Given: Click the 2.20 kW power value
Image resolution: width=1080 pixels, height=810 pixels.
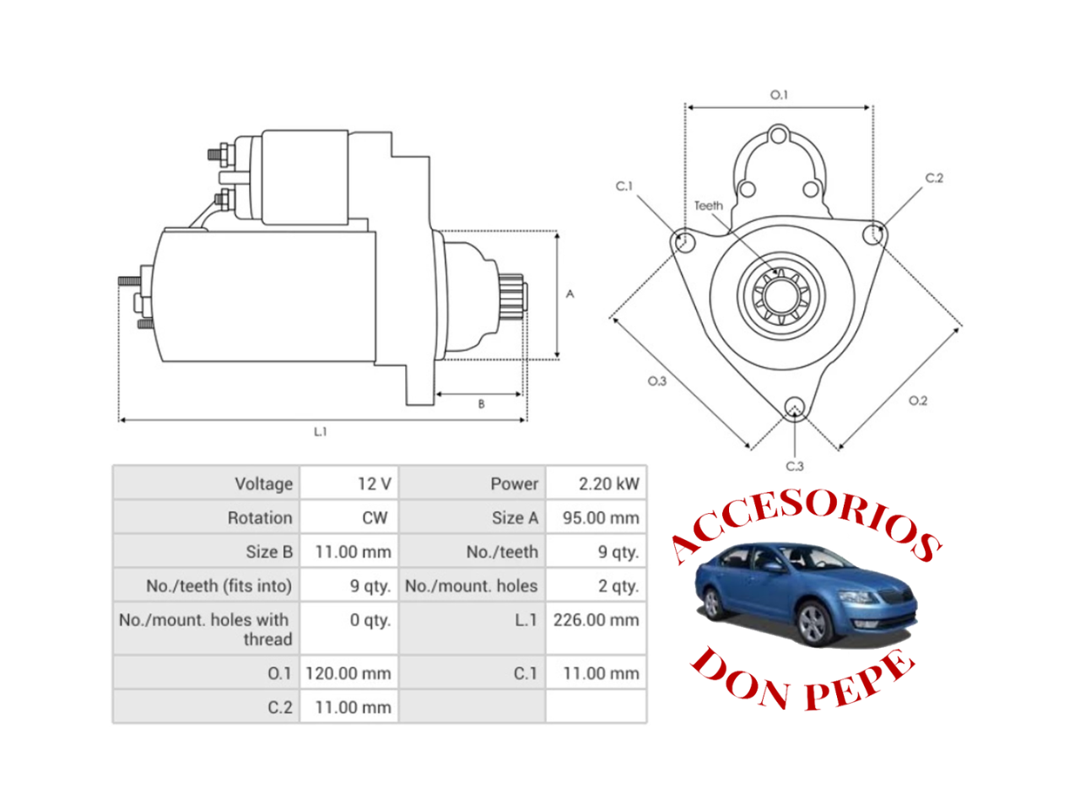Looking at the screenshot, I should (x=607, y=483).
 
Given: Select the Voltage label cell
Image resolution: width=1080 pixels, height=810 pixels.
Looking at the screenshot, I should (x=263, y=483).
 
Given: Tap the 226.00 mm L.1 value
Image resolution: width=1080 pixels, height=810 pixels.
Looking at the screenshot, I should (x=596, y=620).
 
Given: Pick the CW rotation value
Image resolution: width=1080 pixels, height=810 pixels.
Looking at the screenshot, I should (x=375, y=517).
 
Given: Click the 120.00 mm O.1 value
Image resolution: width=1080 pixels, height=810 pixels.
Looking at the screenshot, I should (x=348, y=673).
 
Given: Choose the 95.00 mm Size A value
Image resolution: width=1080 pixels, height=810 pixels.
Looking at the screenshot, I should (x=601, y=517).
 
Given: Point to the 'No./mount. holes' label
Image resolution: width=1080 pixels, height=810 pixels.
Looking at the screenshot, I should (x=471, y=586).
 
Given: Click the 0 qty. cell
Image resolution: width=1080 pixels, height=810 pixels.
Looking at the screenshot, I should (x=370, y=620).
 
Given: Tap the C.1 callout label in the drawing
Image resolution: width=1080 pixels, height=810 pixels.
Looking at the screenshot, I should (x=624, y=186).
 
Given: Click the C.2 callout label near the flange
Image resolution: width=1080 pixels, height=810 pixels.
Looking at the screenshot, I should (x=934, y=178).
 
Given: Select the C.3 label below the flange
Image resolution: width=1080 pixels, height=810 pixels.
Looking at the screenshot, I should (x=795, y=466).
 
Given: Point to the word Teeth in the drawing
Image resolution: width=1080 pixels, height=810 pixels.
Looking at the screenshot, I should (x=708, y=205).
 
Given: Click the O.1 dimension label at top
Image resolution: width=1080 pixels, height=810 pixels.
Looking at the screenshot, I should (x=779, y=94).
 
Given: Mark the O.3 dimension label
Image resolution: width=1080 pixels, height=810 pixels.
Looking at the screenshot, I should (x=656, y=381).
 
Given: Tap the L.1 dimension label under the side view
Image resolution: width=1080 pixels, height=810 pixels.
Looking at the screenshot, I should (x=320, y=431).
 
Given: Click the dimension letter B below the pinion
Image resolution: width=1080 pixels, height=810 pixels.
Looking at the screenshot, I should (x=481, y=404).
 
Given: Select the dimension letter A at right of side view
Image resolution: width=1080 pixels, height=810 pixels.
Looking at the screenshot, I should (x=570, y=294).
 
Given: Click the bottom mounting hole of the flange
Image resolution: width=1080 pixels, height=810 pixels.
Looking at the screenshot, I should (x=794, y=409).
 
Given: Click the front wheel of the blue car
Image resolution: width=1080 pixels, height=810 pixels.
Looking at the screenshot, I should (x=813, y=624).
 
